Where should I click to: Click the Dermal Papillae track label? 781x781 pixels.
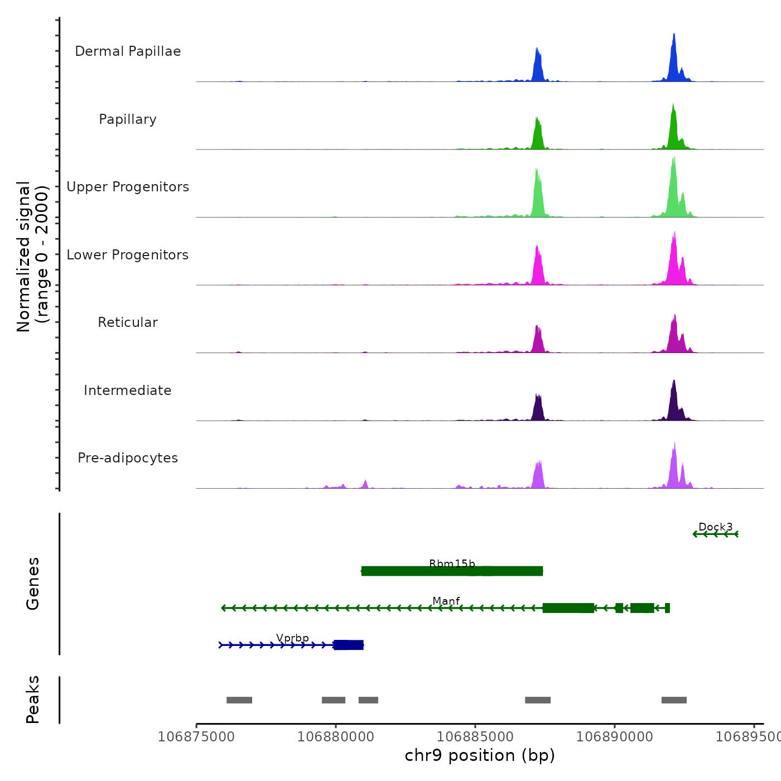point(128,51)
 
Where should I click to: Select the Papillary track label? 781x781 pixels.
point(128,119)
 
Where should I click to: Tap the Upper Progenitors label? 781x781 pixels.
point(128,187)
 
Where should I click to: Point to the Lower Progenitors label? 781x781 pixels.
point(128,255)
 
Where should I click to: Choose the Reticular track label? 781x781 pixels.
point(128,322)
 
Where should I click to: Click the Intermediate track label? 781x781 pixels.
point(128,390)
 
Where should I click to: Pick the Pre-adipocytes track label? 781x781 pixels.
point(128,458)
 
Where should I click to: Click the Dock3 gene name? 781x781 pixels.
point(715,527)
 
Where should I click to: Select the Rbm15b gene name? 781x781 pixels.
point(452,563)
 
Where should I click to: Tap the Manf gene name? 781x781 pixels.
point(446,601)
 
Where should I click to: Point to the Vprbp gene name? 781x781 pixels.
point(292,638)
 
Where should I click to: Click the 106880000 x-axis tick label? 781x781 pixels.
point(336,737)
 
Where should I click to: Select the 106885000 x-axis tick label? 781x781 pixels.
point(475,737)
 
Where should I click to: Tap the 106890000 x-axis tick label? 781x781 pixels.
point(615,737)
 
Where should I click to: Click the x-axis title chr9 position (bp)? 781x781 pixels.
point(480,755)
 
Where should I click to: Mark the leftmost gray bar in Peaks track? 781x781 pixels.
point(239,700)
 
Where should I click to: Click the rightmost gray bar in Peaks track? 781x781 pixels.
point(674,700)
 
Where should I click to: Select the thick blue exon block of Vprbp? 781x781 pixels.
point(349,645)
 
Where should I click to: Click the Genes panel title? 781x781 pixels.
point(33,583)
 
